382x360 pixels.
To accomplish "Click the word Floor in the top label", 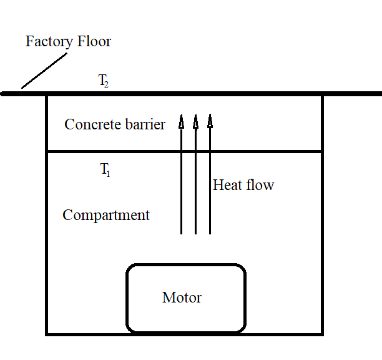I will point(93,42).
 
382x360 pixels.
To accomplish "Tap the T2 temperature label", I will point(104,81).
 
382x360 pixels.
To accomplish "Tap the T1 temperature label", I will point(105,169).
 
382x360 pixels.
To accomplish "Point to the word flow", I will point(260,185).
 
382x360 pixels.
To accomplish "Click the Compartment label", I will point(106,216).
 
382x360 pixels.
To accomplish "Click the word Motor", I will point(182,297).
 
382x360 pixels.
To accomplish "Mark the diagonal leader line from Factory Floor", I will point(44,71).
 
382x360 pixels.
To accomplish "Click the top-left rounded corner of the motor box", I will point(131,269).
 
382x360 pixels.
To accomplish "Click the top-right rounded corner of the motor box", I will point(240,269).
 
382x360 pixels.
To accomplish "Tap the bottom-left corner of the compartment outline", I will point(47,334).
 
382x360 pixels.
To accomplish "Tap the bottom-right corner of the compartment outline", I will point(322,334).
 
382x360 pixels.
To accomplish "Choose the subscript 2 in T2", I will point(107,84).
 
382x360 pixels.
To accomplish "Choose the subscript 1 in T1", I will point(108,172).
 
